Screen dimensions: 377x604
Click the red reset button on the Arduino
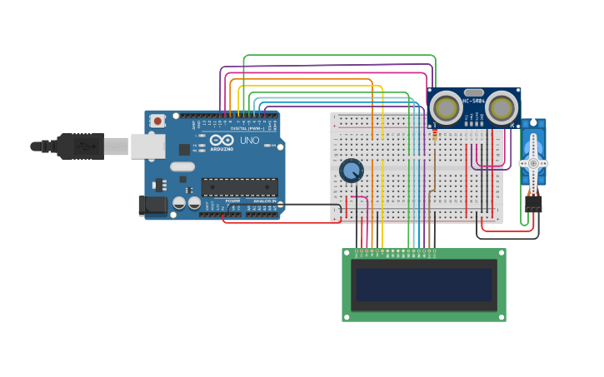tap(157, 121)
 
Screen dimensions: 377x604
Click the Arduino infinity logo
tap(221, 141)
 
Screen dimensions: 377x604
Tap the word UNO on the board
tap(249, 141)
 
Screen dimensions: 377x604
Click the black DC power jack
tap(152, 205)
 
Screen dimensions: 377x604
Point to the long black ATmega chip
tap(239, 187)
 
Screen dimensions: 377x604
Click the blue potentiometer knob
tap(352, 171)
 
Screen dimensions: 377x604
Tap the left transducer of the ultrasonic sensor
tap(447, 108)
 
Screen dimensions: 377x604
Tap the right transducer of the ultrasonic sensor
tap(502, 108)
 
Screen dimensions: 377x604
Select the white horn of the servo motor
tap(533, 161)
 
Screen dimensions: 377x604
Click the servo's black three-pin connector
tap(533, 202)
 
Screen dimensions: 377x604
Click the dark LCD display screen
tap(424, 285)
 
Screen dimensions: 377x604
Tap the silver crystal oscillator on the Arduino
tap(182, 166)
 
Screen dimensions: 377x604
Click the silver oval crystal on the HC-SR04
tap(474, 92)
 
